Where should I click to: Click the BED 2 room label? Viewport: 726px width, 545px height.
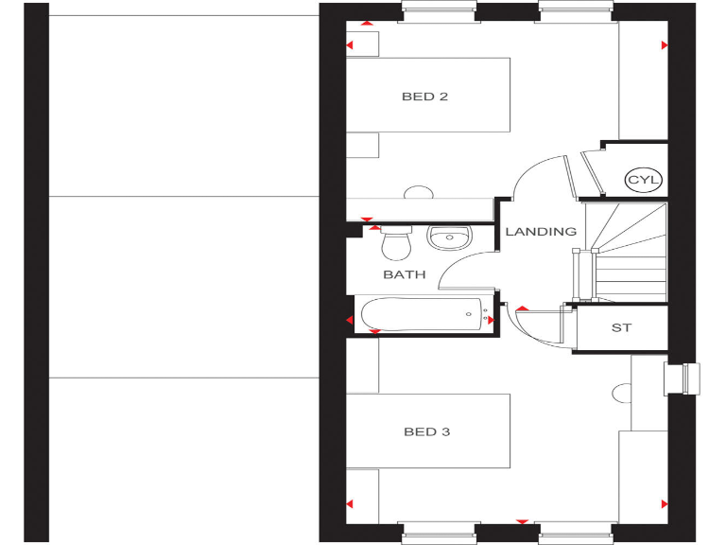click(x=424, y=97)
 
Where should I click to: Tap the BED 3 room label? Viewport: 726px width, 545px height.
click(x=426, y=432)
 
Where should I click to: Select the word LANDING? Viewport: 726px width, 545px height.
click(x=541, y=232)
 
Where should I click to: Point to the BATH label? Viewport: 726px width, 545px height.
click(x=404, y=275)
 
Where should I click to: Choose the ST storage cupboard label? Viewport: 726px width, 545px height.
click(x=621, y=328)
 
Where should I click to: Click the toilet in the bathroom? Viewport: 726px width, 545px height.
click(x=396, y=243)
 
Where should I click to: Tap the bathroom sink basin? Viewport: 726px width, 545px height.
click(x=448, y=237)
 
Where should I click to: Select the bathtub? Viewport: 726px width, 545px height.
click(x=422, y=313)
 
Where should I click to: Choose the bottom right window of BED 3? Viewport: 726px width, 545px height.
click(x=576, y=536)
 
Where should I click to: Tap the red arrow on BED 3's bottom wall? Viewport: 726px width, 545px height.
click(x=521, y=521)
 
